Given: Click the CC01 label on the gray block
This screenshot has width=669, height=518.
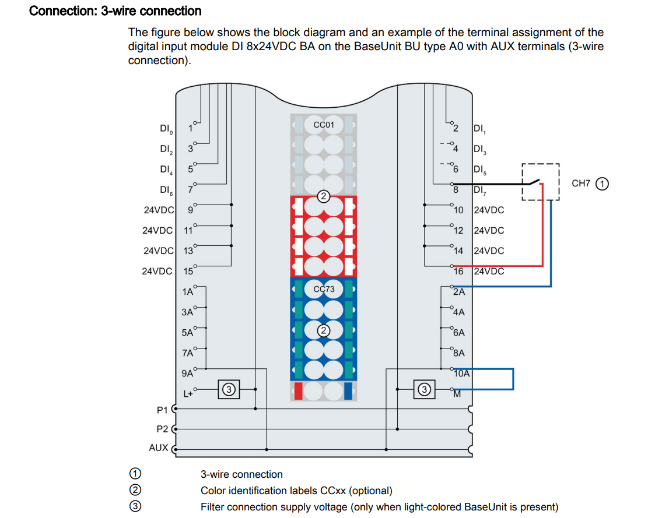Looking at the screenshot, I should (324, 125).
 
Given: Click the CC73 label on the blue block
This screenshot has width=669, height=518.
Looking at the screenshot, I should (324, 288).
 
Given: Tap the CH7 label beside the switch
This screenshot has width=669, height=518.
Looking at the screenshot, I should (581, 184).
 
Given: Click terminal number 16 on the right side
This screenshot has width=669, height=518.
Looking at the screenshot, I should (458, 271).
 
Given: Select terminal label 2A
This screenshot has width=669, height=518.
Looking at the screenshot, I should (459, 291).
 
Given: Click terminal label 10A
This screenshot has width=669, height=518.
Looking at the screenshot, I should (462, 373).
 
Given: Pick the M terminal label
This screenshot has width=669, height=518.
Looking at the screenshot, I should (457, 394).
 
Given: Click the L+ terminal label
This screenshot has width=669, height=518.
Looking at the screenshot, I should (188, 394).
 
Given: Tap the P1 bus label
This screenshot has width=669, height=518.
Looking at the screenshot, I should (163, 410).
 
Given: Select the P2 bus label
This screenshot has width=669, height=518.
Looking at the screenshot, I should (163, 429).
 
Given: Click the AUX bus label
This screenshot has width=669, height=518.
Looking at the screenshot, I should (159, 447).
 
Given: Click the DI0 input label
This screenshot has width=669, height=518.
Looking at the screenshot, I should (166, 128).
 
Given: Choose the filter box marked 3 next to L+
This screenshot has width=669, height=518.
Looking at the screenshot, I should (229, 389).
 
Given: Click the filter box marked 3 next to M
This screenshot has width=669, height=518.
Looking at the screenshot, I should (425, 389).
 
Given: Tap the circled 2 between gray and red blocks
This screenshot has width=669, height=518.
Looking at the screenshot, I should (324, 196).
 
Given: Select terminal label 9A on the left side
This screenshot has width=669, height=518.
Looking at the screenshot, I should (187, 373).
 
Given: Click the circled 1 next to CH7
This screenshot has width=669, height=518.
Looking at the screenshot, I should (603, 184).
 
